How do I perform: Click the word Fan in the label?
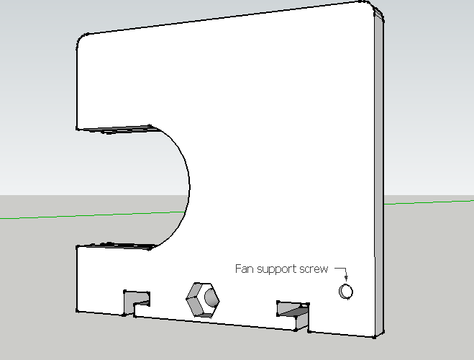[x=245, y=269]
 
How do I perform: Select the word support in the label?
[x=276, y=269]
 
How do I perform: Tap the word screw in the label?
[x=314, y=269]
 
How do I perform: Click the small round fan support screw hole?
[x=346, y=292]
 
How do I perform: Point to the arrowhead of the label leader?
[x=346, y=278]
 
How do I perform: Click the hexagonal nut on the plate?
[x=203, y=300]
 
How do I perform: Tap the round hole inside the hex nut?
[x=211, y=297]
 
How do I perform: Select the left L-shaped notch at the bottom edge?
[x=137, y=302]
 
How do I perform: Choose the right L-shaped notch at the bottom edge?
[x=293, y=315]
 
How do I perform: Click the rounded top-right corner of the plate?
[x=370, y=6]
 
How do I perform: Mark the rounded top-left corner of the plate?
[x=81, y=38]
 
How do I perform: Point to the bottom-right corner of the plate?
[x=374, y=337]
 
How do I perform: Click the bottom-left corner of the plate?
[x=77, y=310]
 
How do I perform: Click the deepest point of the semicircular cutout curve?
[x=190, y=186]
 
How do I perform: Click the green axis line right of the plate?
[x=429, y=202]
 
